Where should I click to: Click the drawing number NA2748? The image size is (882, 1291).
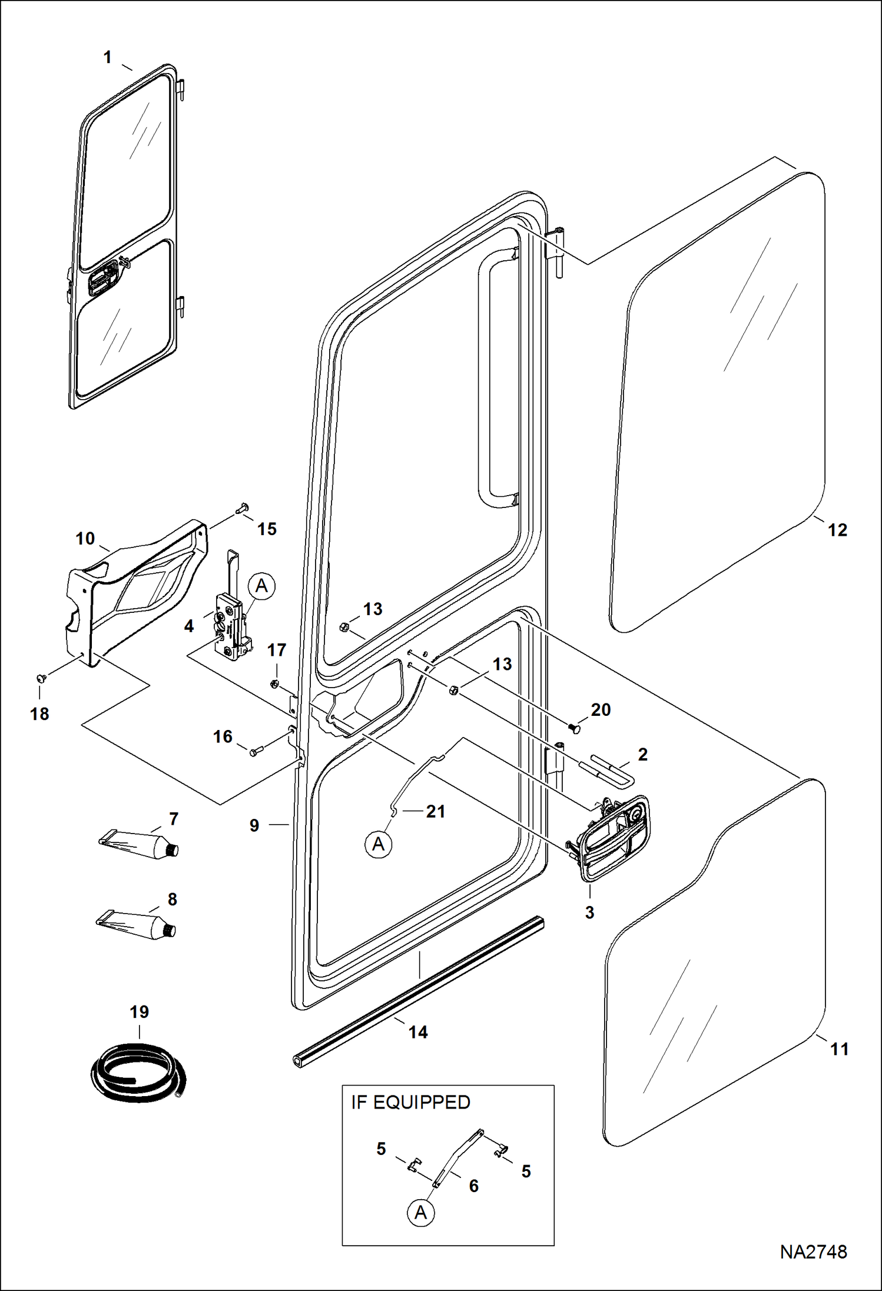tap(813, 1252)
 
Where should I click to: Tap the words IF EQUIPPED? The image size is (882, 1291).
tap(410, 1102)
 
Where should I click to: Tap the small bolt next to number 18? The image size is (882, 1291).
tap(42, 678)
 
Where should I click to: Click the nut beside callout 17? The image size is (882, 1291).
tap(274, 683)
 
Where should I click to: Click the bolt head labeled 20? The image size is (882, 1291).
tap(576, 729)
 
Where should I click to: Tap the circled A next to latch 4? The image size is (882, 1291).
tap(261, 587)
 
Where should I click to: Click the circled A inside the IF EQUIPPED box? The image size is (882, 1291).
tap(420, 1213)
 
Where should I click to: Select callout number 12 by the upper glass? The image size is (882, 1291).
tap(837, 530)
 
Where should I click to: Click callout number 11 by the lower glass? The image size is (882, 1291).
tap(838, 1049)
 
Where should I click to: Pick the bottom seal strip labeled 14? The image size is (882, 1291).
tap(418, 990)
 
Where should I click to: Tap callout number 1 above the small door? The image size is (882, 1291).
tap(107, 58)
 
